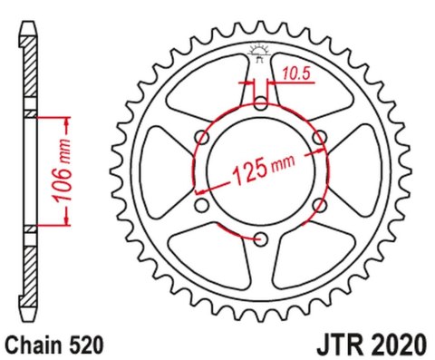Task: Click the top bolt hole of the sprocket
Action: point(260,104)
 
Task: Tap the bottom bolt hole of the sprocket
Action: point(260,239)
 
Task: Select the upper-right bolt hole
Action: point(319,138)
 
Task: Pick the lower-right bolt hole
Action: point(319,206)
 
